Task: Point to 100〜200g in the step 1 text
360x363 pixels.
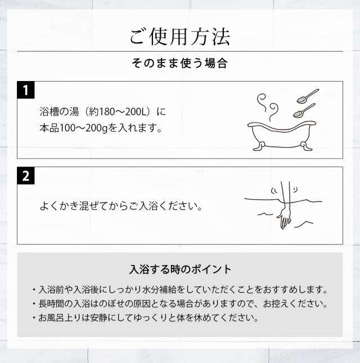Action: [x=89, y=128]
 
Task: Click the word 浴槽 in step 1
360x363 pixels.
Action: [x=49, y=110]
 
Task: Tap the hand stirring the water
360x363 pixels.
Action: [x=284, y=217]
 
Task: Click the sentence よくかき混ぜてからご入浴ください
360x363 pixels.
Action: [x=120, y=206]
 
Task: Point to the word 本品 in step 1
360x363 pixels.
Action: [x=47, y=128]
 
